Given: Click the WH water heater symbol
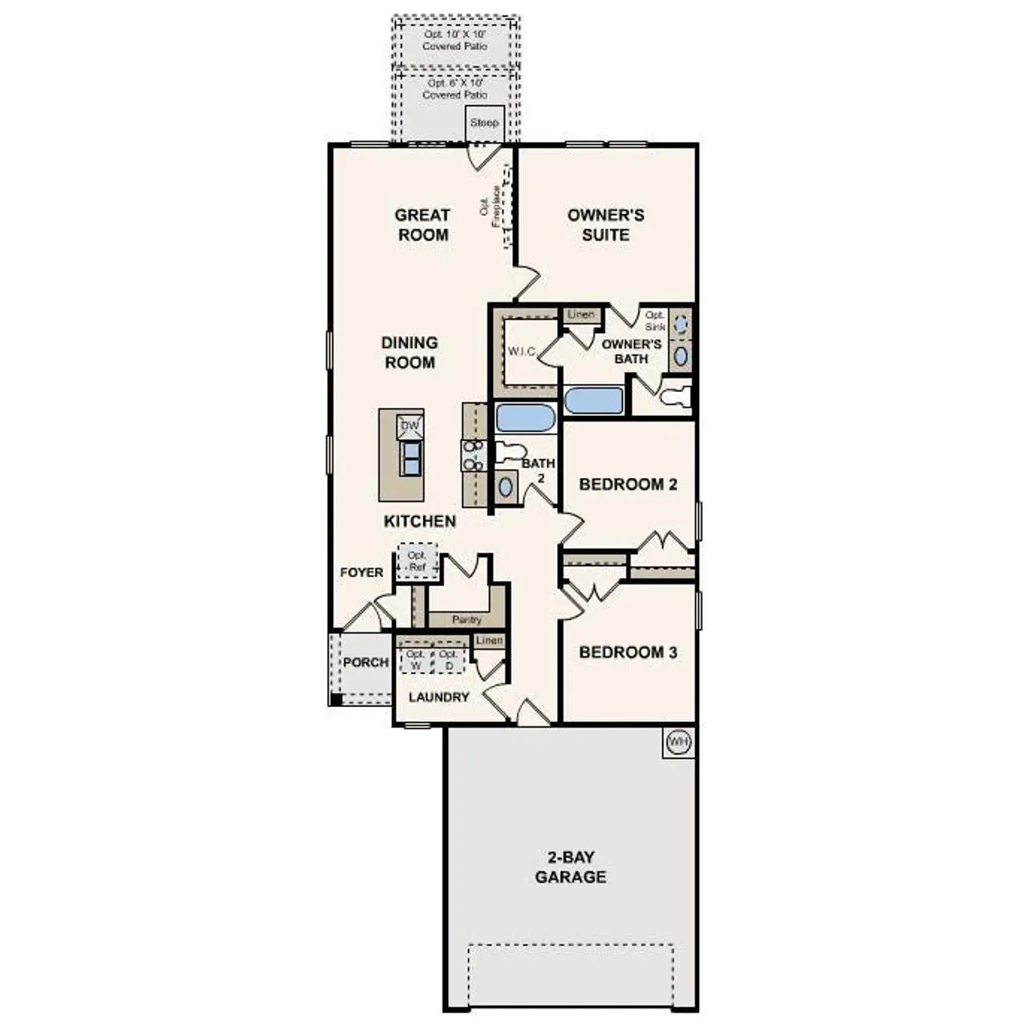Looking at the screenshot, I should [x=678, y=742].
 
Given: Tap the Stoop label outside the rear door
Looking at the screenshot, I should [x=484, y=123].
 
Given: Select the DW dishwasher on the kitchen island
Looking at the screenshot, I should [x=410, y=426].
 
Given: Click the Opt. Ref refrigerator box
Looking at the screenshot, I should [x=418, y=560].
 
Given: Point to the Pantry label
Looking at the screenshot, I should [x=467, y=620].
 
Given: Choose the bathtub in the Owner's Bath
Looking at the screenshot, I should [x=594, y=401].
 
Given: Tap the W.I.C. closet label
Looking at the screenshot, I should [x=523, y=351].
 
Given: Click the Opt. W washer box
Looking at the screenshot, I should [x=415, y=660].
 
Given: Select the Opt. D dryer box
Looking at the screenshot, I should [x=449, y=660].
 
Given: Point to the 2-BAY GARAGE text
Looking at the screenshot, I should [x=571, y=866].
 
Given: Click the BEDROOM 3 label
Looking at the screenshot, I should [x=628, y=652].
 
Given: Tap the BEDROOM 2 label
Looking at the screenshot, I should [x=628, y=484].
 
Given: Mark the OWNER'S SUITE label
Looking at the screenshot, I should [x=605, y=224].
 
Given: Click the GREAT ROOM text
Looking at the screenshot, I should [x=422, y=224].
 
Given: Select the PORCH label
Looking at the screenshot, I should [x=366, y=662].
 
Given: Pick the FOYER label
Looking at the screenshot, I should [x=362, y=572].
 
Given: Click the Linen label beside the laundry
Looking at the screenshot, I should [x=489, y=640].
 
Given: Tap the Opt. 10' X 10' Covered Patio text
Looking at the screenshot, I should [x=454, y=40].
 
